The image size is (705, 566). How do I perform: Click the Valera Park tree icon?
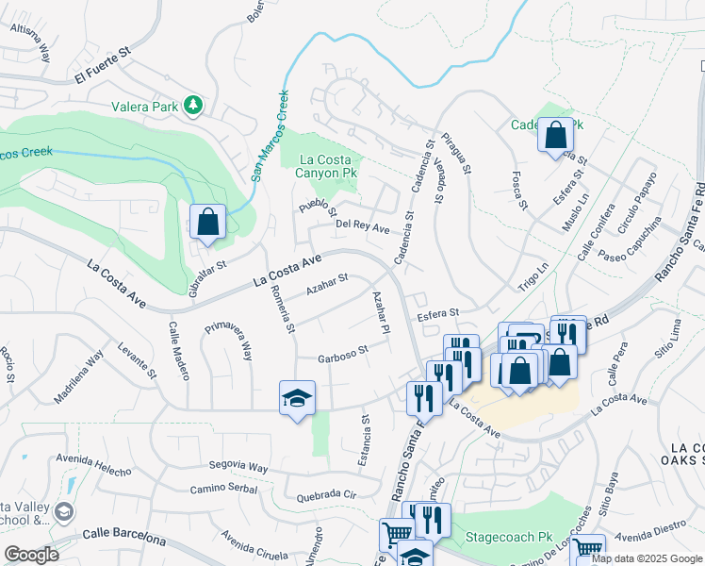coord(193,106)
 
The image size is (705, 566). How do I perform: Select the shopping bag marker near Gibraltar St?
coord(208,224)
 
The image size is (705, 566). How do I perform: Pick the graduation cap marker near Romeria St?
coord(297,399)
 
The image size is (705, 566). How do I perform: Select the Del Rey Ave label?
coord(363,227)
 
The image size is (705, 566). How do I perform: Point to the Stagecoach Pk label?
coord(509,537)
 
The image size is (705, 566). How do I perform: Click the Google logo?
coord(30,554)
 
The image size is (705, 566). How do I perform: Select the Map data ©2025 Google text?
coord(646,558)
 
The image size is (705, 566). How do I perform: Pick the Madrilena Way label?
coord(78,377)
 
